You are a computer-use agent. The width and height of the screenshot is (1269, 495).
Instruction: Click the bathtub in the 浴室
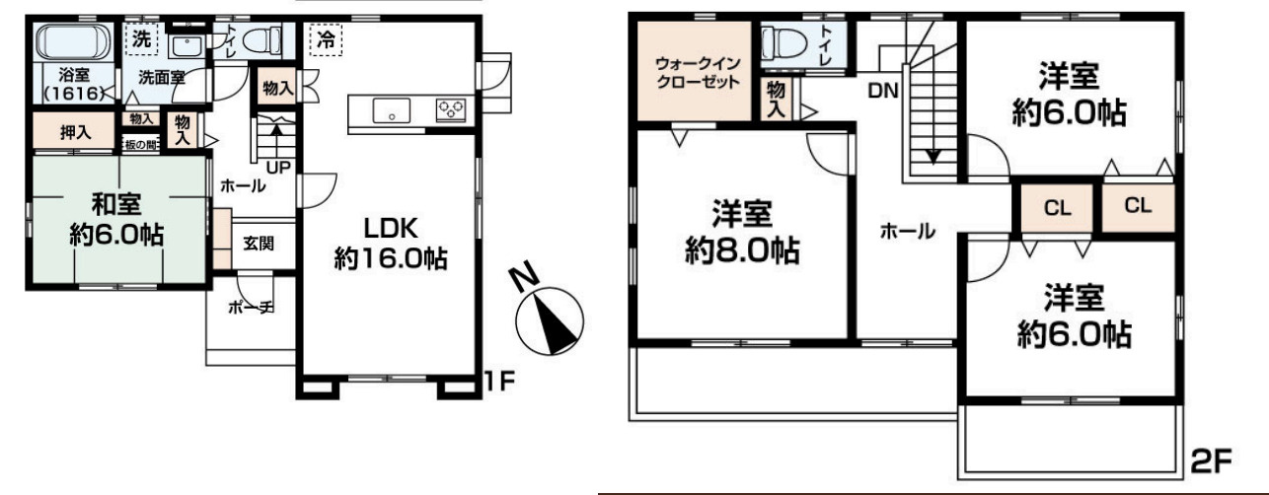(73, 42)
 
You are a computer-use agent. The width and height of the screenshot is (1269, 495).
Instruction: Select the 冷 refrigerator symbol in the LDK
(324, 40)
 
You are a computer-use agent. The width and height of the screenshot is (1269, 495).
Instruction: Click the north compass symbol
(550, 317)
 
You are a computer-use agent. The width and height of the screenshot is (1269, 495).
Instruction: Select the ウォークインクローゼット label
(698, 73)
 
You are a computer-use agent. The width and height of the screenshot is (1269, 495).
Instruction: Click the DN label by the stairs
(881, 91)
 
